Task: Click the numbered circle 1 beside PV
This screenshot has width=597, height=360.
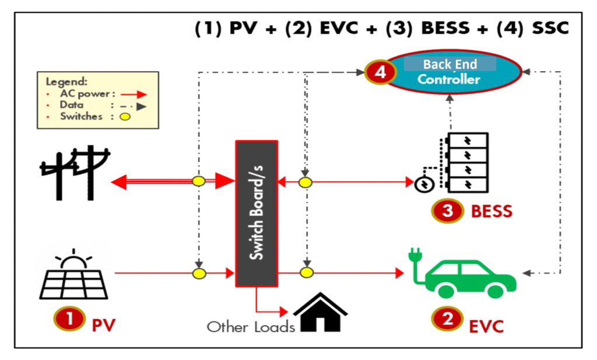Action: pos(69,319)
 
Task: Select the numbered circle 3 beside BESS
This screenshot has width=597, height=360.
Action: pos(447,211)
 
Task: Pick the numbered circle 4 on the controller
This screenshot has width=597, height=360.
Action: pos(381,72)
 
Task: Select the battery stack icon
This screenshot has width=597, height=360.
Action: pos(465,162)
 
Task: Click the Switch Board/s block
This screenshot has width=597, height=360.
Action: pos(256,213)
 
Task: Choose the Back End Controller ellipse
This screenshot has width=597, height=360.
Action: pos(449,72)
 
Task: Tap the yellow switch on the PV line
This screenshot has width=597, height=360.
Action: pos(199,273)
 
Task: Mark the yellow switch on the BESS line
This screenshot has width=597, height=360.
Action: pos(304,183)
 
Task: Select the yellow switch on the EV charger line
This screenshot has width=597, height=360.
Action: pos(304,272)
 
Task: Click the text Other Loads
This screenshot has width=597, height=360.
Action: pos(251,327)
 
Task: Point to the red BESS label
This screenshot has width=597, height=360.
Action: pos(491,211)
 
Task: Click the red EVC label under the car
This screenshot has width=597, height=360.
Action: pos(486,325)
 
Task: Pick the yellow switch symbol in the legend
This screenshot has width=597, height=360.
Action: pos(125,116)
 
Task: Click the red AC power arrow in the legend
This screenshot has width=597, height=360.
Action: pos(135,94)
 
